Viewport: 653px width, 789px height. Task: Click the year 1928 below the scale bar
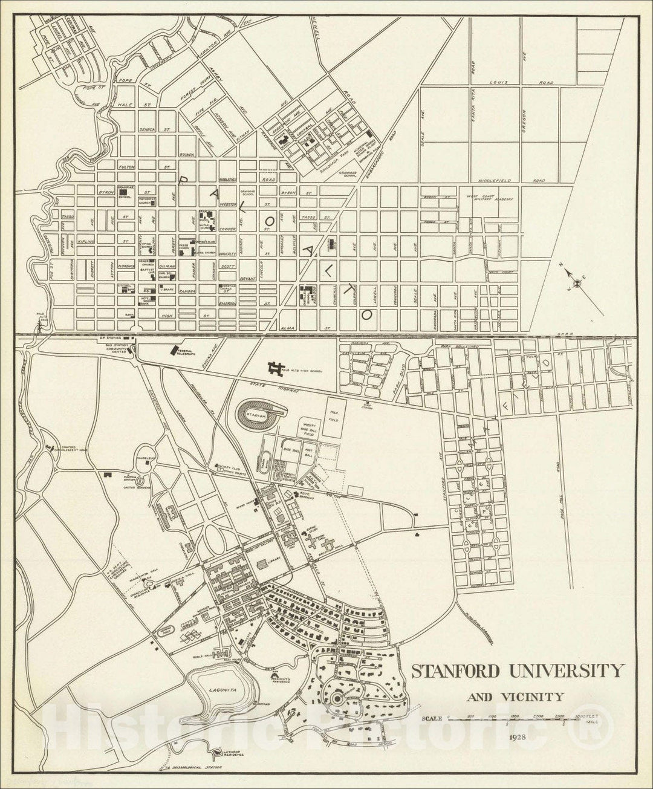(517, 738)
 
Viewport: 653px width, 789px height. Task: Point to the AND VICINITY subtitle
(515, 697)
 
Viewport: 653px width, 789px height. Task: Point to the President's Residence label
(281, 679)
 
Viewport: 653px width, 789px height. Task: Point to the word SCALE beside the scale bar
(432, 718)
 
